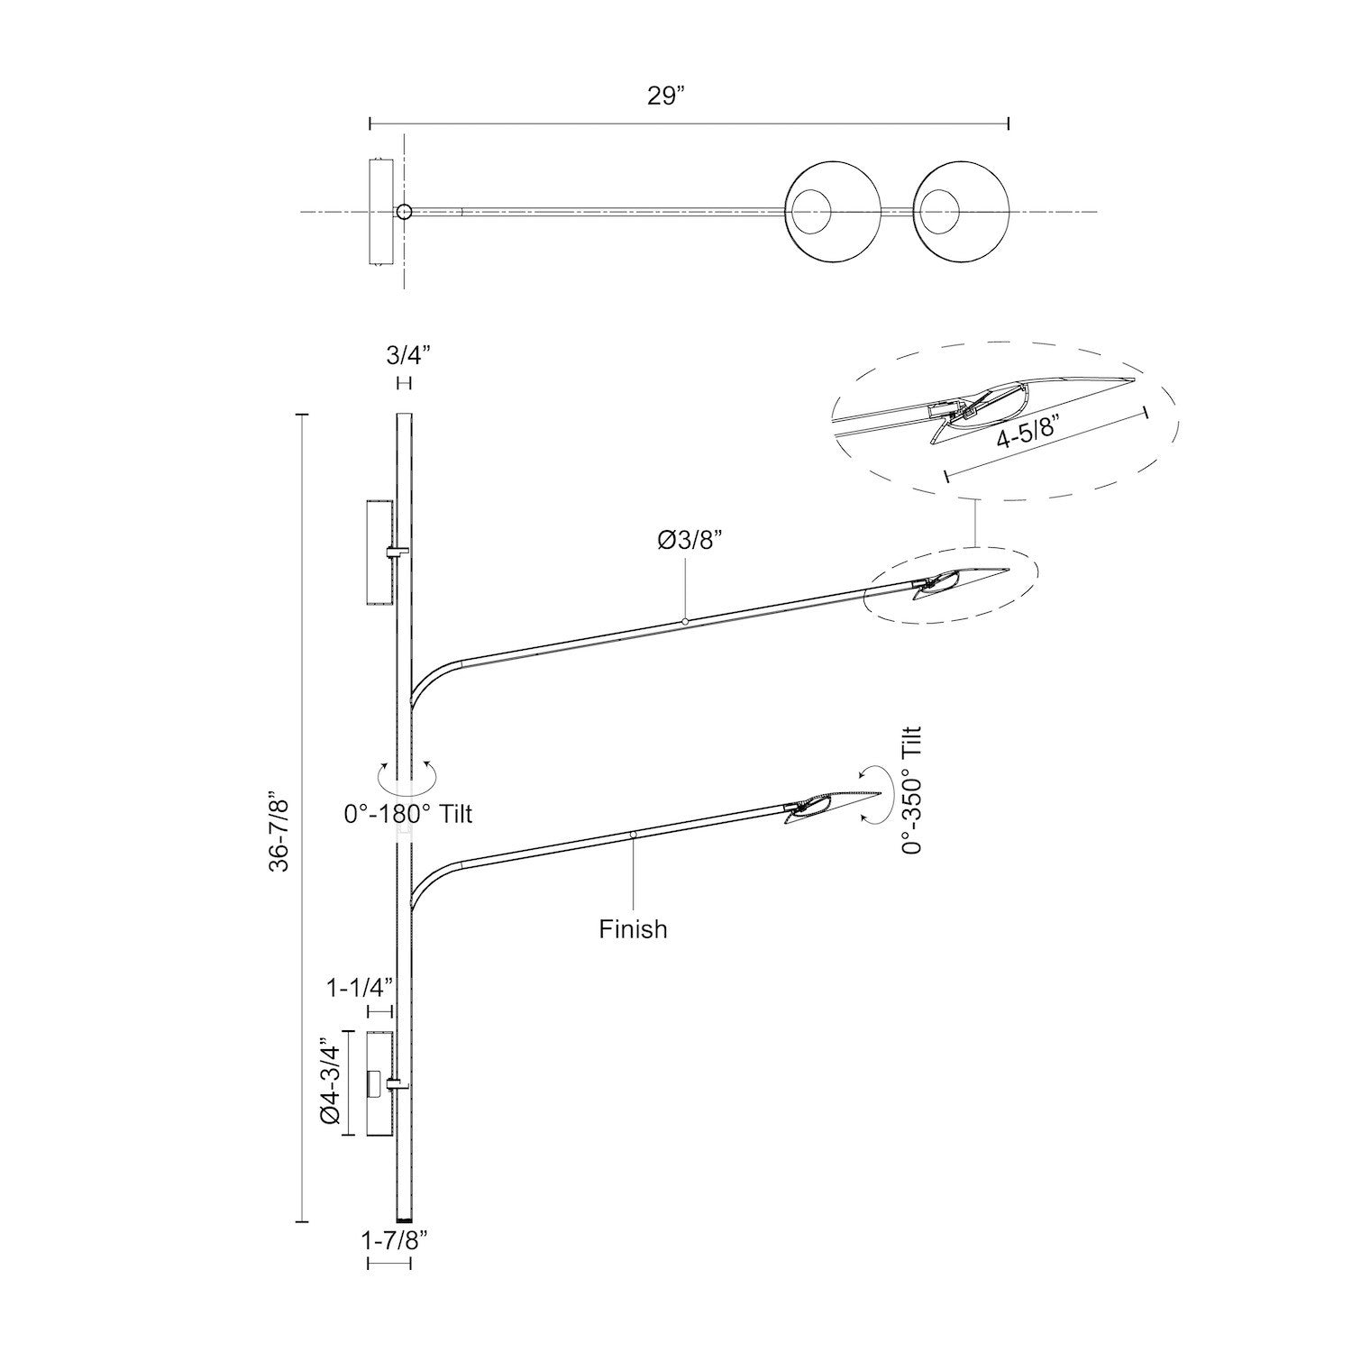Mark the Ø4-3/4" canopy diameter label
coord(330,1083)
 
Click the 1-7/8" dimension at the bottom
coord(394,1241)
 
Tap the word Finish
coord(633,928)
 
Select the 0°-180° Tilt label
coord(408,814)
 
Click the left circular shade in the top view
coord(834,213)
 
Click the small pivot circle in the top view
coord(404,213)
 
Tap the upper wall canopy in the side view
coord(380,553)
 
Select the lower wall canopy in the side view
coord(380,1084)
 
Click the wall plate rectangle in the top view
coord(380,213)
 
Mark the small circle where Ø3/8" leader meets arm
coord(685,621)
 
